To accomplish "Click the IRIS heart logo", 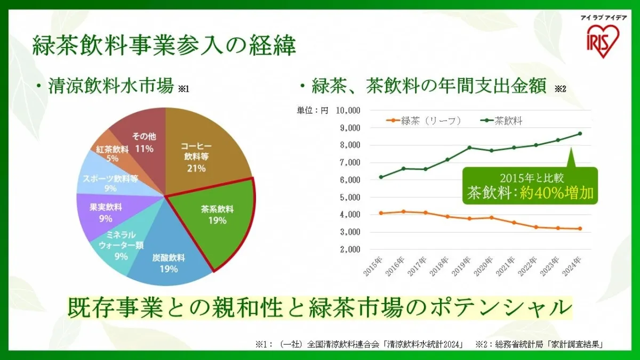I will click(601, 41).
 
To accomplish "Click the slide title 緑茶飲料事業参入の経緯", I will click(164, 46).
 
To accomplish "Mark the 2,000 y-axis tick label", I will click(350, 249).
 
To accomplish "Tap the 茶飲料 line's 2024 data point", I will click(580, 133).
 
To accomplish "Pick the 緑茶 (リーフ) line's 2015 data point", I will click(380, 213).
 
